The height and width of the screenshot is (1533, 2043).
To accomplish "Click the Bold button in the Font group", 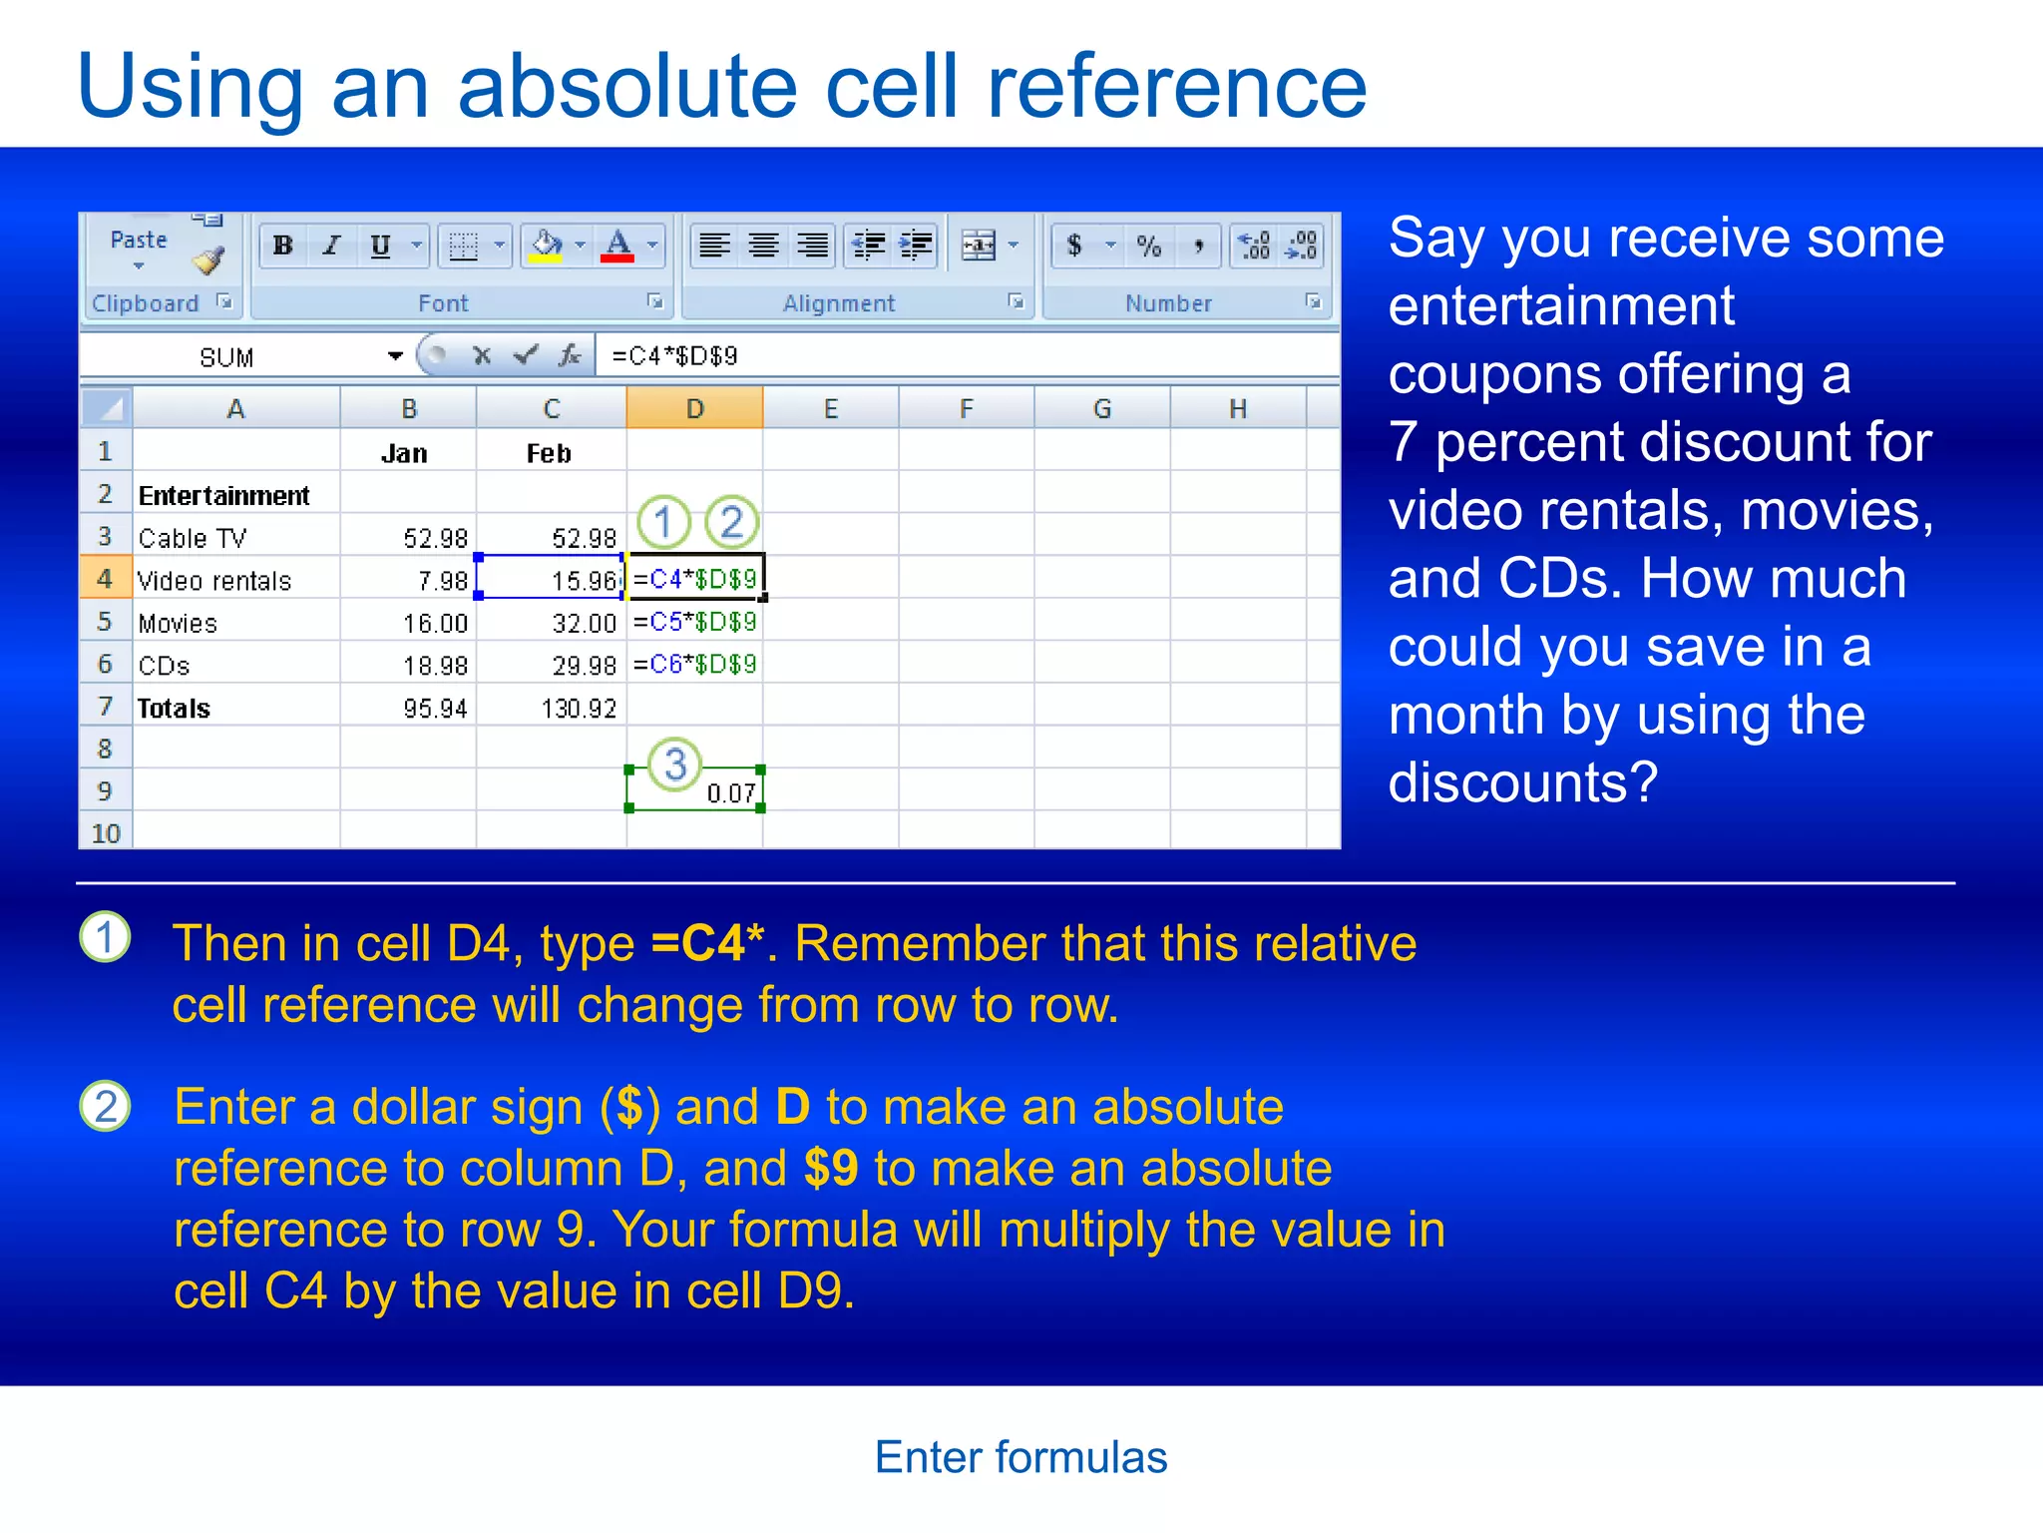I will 283,246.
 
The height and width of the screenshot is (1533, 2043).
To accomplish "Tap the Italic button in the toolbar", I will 331,246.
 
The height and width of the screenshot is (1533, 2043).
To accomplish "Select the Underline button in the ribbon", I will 380,246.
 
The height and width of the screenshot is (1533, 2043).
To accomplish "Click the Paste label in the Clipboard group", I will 139,241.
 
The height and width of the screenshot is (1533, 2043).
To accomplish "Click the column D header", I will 695,409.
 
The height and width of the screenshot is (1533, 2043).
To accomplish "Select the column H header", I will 1238,409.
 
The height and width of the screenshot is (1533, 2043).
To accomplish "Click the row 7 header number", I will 105,707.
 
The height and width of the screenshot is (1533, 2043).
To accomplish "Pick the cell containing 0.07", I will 696,792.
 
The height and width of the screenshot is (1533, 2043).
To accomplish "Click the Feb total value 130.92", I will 579,709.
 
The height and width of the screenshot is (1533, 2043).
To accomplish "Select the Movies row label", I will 178,624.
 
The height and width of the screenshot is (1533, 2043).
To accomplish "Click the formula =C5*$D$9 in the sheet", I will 695,623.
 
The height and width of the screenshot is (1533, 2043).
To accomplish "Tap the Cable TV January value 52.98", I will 435,539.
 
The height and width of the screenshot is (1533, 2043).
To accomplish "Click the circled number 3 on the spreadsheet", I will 675,765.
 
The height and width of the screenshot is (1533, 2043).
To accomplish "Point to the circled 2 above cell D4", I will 731,522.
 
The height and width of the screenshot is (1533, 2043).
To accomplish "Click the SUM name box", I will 227,357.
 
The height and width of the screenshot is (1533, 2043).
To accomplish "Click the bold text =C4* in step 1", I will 706,943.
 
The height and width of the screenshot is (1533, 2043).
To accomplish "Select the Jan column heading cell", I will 404,454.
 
